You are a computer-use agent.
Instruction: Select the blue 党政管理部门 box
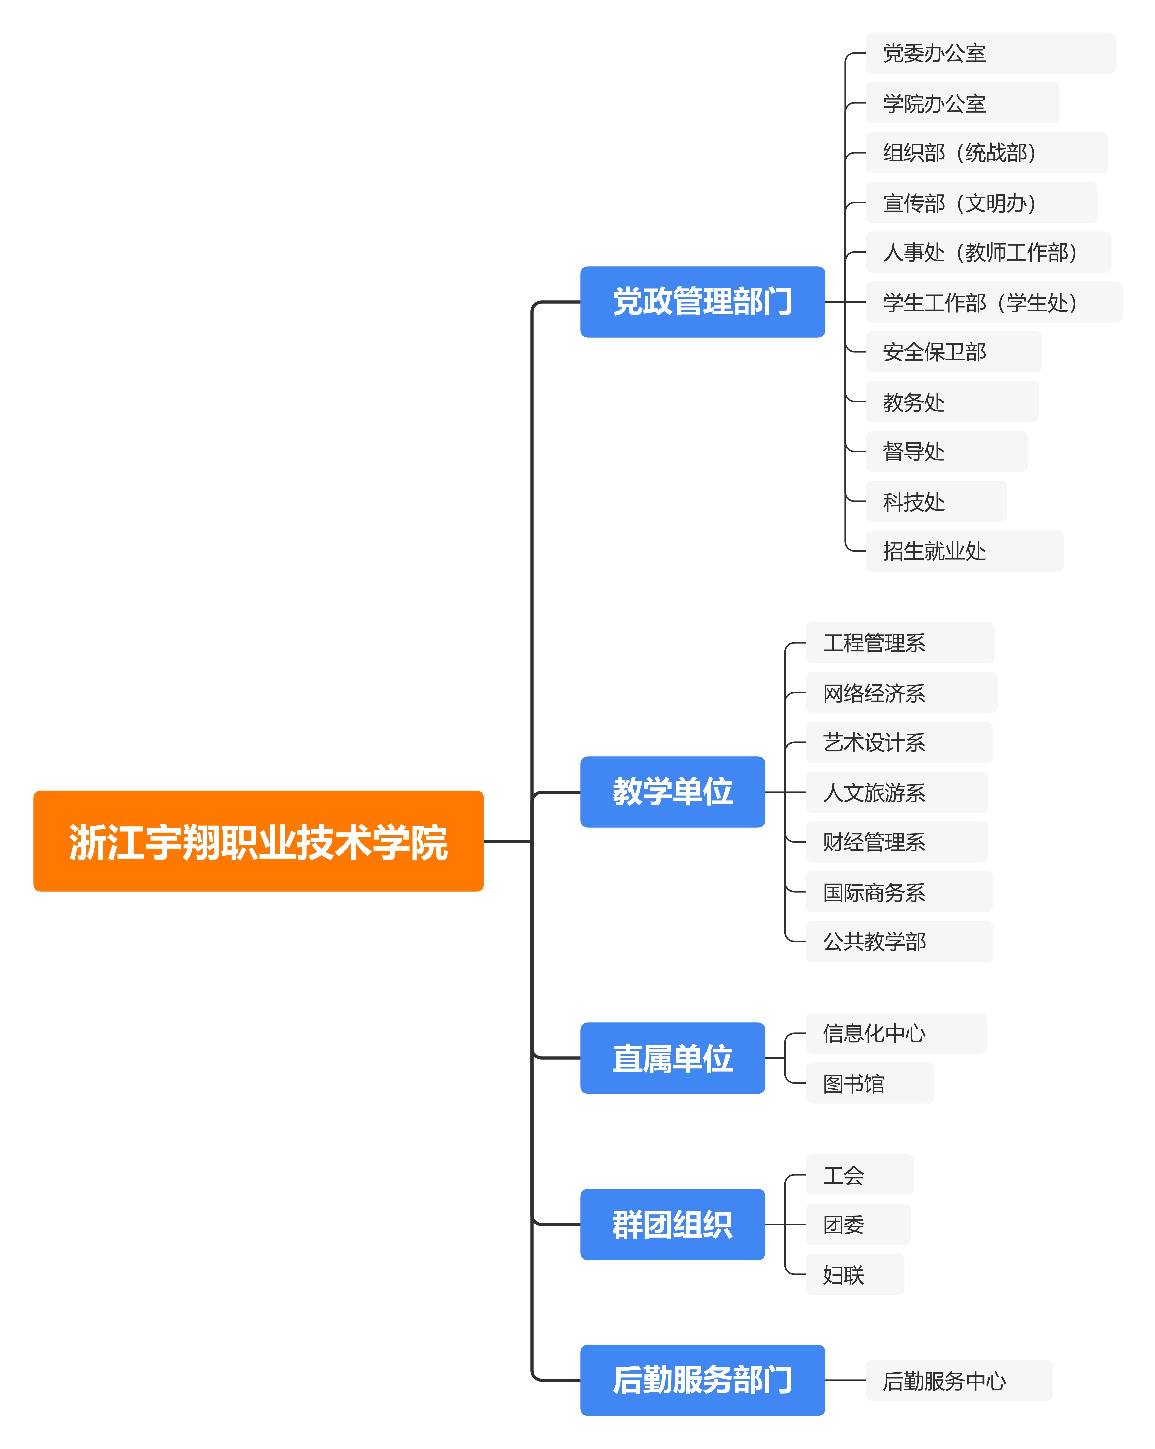702,302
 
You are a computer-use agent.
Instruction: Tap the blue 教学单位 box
672,792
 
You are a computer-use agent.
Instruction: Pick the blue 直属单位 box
672,1058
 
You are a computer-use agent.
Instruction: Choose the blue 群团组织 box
672,1225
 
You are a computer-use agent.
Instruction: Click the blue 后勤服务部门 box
702,1380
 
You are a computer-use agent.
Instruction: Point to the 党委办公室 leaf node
990,53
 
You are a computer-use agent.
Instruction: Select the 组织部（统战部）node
986,153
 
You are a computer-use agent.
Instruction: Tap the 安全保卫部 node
953,351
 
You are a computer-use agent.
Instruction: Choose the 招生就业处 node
964,551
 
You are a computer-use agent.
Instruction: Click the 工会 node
859,1175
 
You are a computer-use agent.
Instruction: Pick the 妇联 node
854,1274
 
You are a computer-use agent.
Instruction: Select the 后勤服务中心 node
958,1380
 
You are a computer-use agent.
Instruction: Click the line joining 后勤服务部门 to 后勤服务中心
845,1380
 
